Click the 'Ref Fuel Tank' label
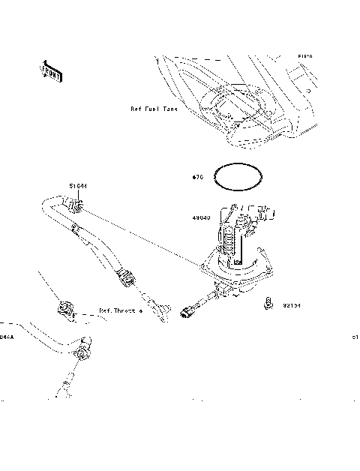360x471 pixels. click(x=153, y=109)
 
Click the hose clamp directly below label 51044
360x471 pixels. click(x=76, y=203)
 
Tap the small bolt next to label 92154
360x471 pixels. click(x=266, y=303)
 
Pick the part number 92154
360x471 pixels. click(x=292, y=305)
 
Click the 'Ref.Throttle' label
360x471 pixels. click(x=120, y=310)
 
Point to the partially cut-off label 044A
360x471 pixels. click(x=6, y=337)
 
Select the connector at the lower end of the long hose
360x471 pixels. click(x=127, y=280)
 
